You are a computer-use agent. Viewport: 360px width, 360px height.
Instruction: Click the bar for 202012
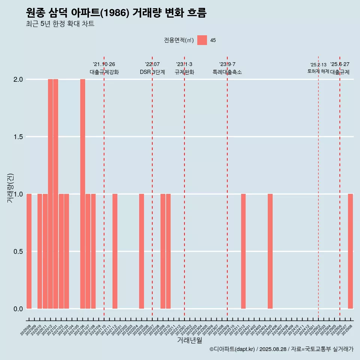[50, 194]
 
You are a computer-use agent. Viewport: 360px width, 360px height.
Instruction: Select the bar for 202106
[82, 194]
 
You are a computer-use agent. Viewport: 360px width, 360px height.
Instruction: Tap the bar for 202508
[350, 251]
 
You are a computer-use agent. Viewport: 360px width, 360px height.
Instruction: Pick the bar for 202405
[270, 251]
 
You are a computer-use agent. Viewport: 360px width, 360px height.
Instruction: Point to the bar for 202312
[243, 251]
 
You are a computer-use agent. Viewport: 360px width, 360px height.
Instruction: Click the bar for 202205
[141, 251]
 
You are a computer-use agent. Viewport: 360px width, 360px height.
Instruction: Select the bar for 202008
[29, 251]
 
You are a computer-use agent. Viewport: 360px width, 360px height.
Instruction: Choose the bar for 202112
[115, 251]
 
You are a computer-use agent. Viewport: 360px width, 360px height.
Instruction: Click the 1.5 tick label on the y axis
[18, 137]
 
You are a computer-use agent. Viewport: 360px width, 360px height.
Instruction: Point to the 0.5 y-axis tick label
[18, 251]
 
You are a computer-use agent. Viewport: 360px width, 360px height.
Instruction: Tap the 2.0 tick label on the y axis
[18, 79]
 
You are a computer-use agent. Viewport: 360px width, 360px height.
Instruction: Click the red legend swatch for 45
[202, 40]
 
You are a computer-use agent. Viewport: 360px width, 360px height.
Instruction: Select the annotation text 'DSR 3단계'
[152, 72]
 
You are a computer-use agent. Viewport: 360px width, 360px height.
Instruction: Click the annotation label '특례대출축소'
[227, 72]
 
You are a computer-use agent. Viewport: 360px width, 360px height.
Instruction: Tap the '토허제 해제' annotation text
[318, 71]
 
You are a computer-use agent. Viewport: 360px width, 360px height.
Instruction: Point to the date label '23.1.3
[184, 64]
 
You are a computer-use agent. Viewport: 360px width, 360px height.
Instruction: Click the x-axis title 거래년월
[189, 340]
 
